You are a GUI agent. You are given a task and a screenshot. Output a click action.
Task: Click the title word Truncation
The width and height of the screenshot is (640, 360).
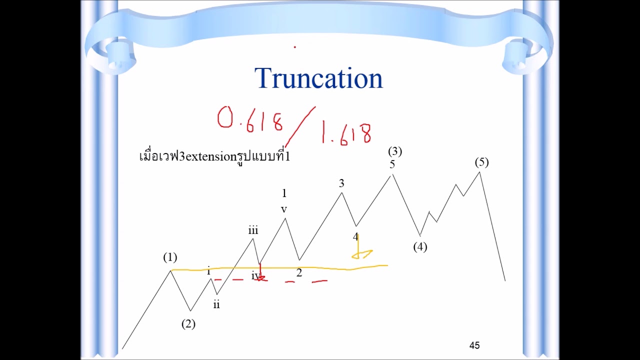pos(318,78)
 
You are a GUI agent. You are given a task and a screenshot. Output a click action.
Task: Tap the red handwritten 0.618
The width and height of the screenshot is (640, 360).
pos(250,120)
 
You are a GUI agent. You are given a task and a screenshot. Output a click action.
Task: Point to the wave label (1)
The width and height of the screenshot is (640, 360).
pos(170,257)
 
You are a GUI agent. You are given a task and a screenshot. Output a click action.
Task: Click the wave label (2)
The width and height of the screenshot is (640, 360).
pos(188,324)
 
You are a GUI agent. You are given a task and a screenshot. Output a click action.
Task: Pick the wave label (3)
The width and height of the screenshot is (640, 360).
pos(394,151)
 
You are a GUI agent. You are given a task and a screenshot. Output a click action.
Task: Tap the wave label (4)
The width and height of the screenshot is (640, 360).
pos(420,246)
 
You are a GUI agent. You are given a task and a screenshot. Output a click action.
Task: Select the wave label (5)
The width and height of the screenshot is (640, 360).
pos(481,162)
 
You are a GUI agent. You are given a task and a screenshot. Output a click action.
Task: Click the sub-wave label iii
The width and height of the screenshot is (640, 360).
pos(253,230)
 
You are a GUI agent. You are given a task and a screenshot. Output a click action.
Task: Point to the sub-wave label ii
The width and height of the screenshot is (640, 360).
pos(216,304)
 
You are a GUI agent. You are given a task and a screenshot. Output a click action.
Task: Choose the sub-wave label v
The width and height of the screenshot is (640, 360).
pos(284,209)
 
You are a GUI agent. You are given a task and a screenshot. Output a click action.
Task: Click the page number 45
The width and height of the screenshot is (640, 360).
pos(474,345)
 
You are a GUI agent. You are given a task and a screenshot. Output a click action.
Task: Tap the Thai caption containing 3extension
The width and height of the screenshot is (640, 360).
pos(214,156)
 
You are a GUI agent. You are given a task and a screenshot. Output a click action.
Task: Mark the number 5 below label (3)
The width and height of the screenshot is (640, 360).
pos(392,164)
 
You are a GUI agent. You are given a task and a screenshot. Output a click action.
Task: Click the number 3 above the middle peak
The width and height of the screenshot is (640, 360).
pos(341,183)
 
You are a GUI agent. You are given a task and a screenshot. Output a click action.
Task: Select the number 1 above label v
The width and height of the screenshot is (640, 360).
pos(284,193)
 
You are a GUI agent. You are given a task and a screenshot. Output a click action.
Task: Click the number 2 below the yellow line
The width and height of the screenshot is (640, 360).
pos(299,273)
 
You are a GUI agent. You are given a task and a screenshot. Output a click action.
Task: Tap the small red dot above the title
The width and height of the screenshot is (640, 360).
pos(294,47)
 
